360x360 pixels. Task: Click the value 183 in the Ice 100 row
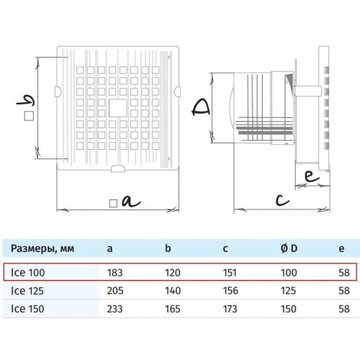[114, 273]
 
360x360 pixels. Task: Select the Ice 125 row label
[27, 291]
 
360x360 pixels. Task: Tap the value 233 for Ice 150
[114, 309]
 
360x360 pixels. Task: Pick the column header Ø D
[289, 248]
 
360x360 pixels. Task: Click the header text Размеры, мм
[42, 248]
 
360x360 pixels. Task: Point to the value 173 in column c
[230, 309]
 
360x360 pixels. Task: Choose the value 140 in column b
[173, 291]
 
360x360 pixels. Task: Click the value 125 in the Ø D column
[289, 291]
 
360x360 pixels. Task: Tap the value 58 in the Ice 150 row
[344, 309]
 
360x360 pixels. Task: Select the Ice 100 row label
[28, 273]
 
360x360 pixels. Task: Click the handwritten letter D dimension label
[201, 108]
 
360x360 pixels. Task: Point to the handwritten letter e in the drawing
[312, 176]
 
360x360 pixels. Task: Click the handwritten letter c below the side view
[282, 199]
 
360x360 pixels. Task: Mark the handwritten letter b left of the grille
[25, 101]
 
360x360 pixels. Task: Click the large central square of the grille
[117, 109]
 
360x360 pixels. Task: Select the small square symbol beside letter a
[113, 204]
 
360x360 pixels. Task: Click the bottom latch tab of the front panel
[118, 168]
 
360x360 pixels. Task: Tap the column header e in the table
[341, 249]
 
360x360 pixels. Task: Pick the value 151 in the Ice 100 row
[230, 273]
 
